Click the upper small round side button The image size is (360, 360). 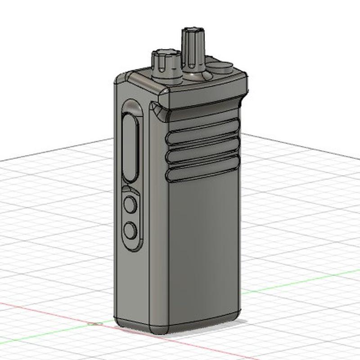(130, 205)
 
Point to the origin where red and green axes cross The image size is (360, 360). (94, 324)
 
